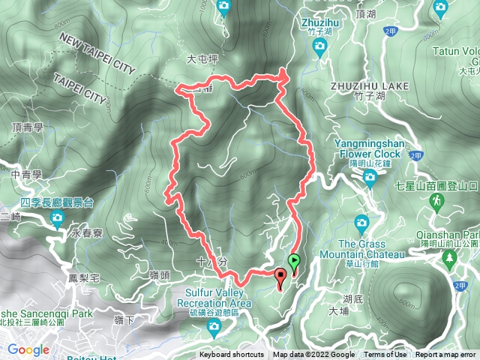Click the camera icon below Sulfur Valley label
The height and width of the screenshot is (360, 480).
click(214, 326)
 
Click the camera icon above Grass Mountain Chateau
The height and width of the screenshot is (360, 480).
click(362, 223)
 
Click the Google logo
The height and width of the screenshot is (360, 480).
click(28, 349)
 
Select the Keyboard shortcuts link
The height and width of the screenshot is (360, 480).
click(232, 355)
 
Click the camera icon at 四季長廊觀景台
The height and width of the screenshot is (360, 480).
click(57, 219)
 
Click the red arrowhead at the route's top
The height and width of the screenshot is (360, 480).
click(283, 73)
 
